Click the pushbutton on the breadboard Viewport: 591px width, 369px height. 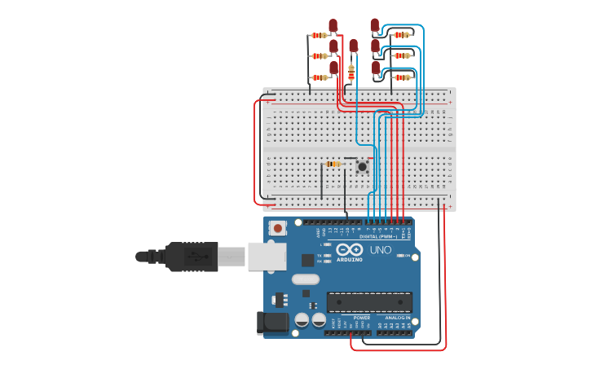362,167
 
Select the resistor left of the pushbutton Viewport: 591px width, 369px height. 333,164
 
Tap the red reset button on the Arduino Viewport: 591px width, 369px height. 278,229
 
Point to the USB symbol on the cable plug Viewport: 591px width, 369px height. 196,257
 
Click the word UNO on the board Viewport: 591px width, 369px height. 381,250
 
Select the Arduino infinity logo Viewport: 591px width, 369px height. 349,250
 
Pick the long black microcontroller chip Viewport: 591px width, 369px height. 369,301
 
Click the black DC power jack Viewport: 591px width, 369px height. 272,323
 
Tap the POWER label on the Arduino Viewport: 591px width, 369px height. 361,318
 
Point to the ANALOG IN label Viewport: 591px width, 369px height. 398,318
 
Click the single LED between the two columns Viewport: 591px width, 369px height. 353,46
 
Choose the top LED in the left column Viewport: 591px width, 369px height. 333,25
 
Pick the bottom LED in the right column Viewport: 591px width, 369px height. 376,68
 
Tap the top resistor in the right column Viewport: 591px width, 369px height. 401,35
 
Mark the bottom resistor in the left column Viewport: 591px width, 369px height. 320,77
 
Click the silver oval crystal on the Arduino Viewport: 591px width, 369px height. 306,279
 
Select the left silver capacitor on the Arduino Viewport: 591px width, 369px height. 302,320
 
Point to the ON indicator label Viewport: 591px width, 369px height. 407,256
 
